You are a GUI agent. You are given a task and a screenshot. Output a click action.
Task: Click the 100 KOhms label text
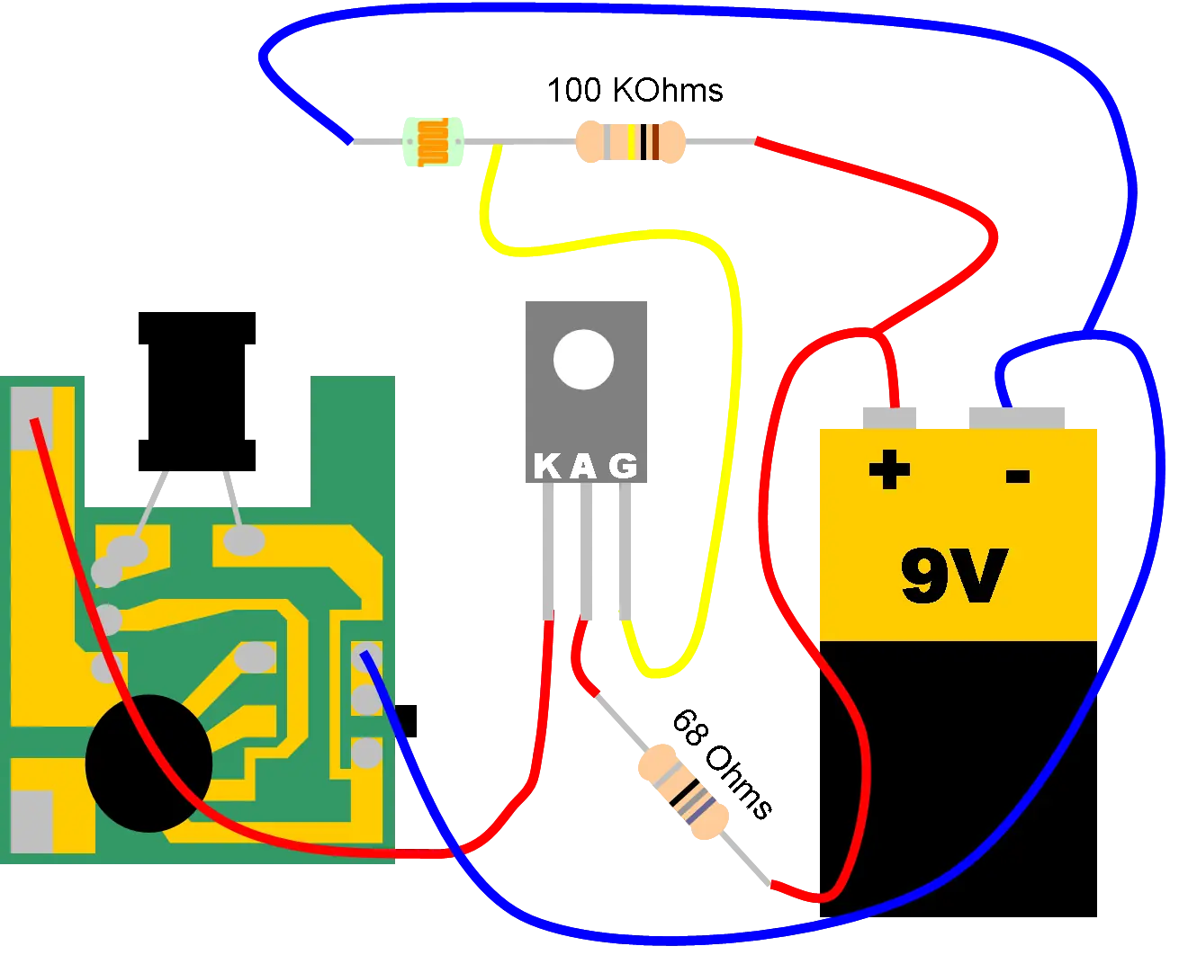[x=634, y=91]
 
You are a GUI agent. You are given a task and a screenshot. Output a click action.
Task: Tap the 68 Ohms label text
[x=723, y=764]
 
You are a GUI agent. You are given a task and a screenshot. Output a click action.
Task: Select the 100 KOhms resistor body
[x=630, y=141]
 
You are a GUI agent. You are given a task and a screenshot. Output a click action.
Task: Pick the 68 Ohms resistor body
[x=683, y=791]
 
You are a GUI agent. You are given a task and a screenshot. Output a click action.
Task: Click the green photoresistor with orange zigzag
[x=433, y=142]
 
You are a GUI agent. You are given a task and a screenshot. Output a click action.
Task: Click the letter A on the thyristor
[x=583, y=467]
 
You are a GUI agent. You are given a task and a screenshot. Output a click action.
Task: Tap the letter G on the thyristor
[x=623, y=467]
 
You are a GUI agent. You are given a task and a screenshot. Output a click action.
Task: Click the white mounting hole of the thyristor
[x=583, y=359]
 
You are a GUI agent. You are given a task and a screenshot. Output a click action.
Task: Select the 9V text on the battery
[x=954, y=576]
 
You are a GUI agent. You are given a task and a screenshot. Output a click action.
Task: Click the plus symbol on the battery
[x=889, y=469]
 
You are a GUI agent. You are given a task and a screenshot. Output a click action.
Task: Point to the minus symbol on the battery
[x=1017, y=476]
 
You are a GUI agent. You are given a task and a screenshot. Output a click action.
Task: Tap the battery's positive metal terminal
[x=889, y=418]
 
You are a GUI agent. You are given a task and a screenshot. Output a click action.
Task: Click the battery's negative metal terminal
[x=1016, y=418]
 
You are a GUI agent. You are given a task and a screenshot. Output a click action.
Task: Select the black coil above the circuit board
[x=197, y=391]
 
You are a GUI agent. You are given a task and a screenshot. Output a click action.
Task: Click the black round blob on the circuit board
[x=148, y=763]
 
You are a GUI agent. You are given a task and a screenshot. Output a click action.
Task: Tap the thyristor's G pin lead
[x=625, y=551]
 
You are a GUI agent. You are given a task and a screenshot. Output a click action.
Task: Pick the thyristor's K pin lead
[x=548, y=551]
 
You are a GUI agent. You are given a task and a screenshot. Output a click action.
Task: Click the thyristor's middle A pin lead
[x=585, y=551]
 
